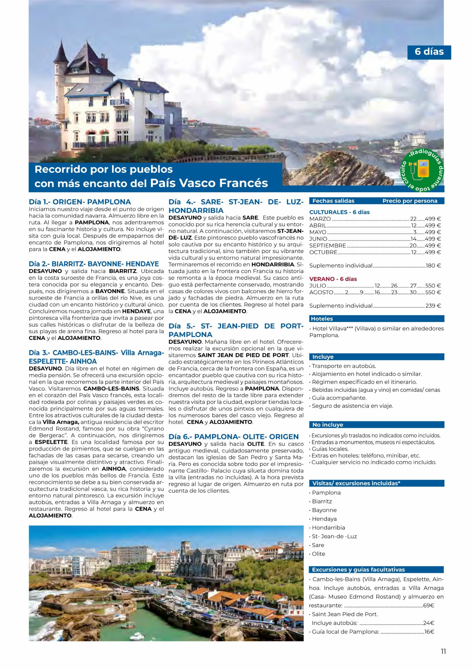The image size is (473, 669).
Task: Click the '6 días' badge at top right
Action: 429,52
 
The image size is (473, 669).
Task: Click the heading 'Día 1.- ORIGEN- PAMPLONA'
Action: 80,202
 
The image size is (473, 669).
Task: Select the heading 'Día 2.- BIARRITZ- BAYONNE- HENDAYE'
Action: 94,264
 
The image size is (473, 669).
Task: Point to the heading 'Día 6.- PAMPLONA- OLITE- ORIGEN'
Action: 234,437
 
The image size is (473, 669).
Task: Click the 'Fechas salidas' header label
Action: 333,201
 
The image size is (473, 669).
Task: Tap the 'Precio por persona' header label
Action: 410,201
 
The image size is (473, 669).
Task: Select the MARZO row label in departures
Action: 320,219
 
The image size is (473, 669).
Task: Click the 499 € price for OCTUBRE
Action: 433,252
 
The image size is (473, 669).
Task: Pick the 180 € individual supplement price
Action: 433,266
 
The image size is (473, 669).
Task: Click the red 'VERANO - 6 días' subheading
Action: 333,279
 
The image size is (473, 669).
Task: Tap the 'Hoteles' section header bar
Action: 376,318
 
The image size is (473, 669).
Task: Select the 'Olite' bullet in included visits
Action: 318,554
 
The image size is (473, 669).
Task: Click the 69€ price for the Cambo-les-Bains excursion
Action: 428,605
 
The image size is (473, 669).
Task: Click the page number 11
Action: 443,652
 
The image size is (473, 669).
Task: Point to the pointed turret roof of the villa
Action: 61,52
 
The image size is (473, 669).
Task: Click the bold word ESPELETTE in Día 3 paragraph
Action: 51,442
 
